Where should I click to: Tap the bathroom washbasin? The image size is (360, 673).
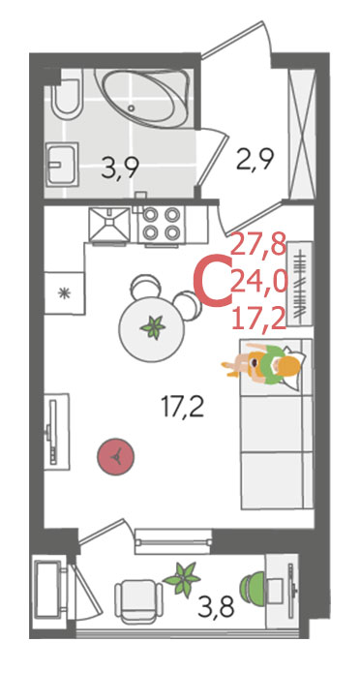[63, 163]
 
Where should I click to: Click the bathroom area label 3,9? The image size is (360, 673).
[119, 168]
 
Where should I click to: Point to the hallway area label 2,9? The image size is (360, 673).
[255, 159]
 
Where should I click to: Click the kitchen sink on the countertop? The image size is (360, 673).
[109, 224]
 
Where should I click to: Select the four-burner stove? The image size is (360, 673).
[161, 224]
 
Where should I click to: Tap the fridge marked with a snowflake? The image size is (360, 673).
[65, 292]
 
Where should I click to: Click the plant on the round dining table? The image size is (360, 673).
[153, 327]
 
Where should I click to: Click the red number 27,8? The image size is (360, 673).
[258, 246]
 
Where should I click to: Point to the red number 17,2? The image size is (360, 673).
[258, 319]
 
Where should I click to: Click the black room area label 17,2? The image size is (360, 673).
[182, 407]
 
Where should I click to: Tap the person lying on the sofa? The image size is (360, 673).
[261, 363]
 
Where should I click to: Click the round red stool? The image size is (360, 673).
[116, 456]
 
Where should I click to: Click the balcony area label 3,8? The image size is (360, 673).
[216, 607]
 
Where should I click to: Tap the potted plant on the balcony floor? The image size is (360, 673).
[182, 578]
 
